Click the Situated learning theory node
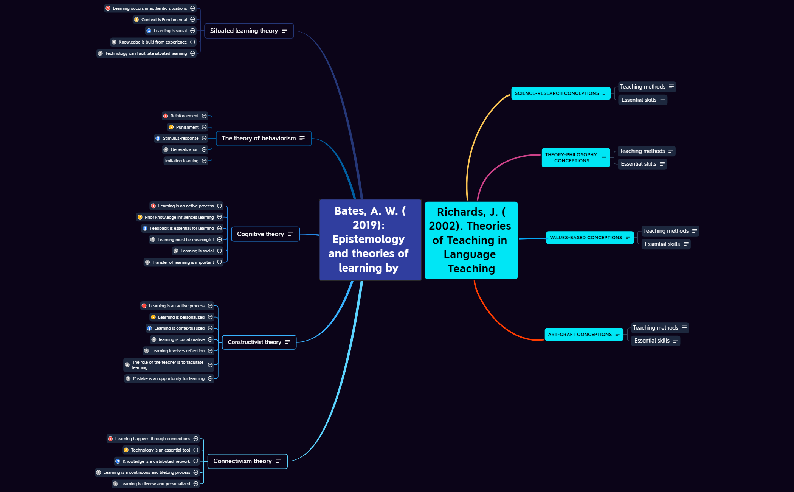click(x=249, y=31)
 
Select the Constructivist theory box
click(x=259, y=342)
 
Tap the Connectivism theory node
click(x=248, y=461)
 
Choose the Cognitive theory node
click(x=265, y=234)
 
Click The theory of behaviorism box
click(x=264, y=139)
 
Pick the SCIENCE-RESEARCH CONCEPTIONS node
click(x=561, y=93)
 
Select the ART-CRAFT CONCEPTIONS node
click(x=584, y=335)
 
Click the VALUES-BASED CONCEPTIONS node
click(x=590, y=238)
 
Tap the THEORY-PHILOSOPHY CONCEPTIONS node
click(x=576, y=157)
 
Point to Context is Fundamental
click(x=164, y=20)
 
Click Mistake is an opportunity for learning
click(x=169, y=378)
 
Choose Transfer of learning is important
click(x=183, y=262)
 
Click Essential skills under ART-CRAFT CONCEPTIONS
click(x=656, y=341)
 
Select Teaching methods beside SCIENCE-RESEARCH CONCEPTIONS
click(x=647, y=87)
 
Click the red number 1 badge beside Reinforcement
click(x=166, y=116)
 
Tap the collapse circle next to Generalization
click(x=204, y=149)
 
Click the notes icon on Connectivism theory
click(x=278, y=461)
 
